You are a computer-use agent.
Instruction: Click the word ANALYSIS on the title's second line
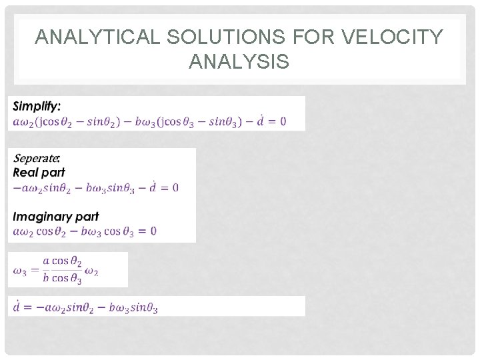point(239,63)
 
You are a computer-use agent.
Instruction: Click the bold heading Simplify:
point(37,106)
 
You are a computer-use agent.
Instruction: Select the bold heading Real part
point(39,172)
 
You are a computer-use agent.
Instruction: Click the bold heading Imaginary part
point(56,217)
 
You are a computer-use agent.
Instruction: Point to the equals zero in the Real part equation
point(171,188)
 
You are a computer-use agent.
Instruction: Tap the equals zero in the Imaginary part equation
point(150,231)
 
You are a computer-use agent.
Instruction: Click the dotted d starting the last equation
point(16,306)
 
